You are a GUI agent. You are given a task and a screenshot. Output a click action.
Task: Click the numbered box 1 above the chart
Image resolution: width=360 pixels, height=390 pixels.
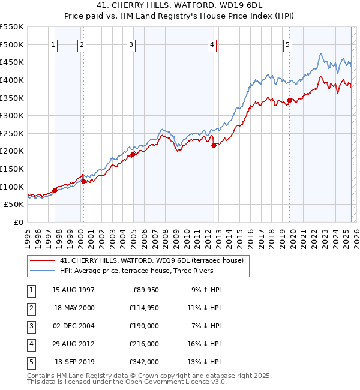(x=53, y=44)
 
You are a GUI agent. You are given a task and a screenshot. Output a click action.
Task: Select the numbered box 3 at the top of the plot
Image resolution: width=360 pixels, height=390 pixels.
(x=131, y=44)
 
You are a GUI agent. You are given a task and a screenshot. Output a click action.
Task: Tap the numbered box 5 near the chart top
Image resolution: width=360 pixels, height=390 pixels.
(x=288, y=44)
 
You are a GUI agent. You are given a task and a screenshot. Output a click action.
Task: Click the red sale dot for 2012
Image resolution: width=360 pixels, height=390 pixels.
(x=214, y=145)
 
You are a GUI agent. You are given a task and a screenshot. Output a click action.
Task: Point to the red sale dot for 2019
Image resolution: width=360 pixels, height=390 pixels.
(x=289, y=100)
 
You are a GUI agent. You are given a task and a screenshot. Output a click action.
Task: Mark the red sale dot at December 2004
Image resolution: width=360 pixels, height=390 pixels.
(x=133, y=154)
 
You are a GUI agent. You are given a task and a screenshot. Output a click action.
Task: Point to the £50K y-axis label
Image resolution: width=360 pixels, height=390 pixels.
(x=14, y=204)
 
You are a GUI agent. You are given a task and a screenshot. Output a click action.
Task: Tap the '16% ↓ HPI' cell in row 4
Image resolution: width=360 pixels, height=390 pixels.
(x=204, y=344)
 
